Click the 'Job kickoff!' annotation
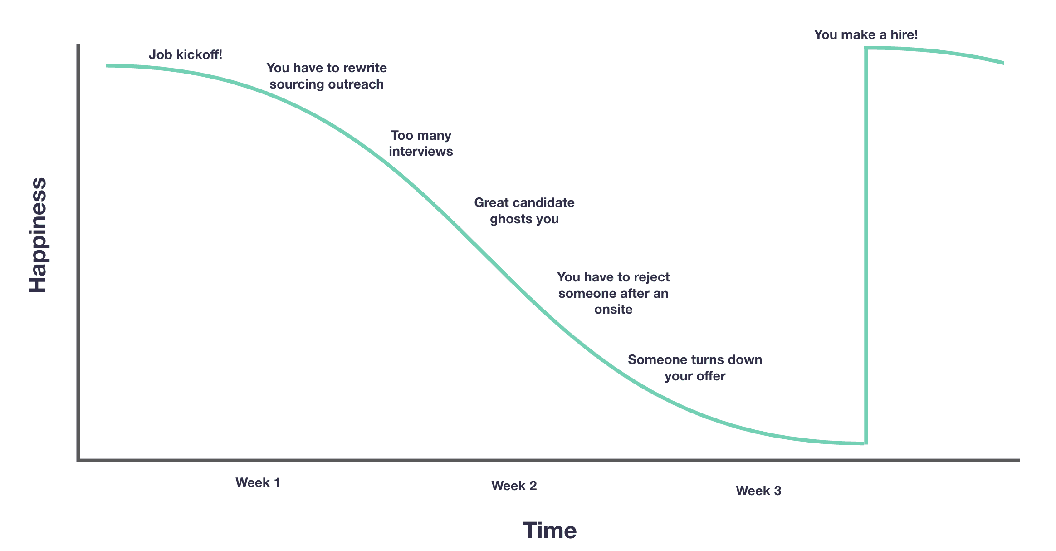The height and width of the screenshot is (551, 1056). (x=186, y=55)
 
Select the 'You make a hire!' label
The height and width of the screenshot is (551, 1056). (x=865, y=35)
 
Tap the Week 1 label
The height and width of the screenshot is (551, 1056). (x=258, y=482)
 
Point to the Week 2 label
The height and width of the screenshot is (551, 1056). (x=514, y=486)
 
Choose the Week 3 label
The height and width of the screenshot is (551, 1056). (x=758, y=491)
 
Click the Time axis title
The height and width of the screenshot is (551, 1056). (x=549, y=530)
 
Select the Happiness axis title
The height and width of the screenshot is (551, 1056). (x=38, y=235)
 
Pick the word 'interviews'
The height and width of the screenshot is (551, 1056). (x=420, y=151)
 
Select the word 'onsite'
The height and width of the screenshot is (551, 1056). (x=613, y=310)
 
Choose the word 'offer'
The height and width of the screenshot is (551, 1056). (x=711, y=376)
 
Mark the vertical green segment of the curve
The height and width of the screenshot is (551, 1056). (x=866, y=245)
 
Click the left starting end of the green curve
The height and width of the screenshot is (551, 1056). (x=108, y=66)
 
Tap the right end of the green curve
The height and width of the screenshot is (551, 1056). (x=1002, y=63)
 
